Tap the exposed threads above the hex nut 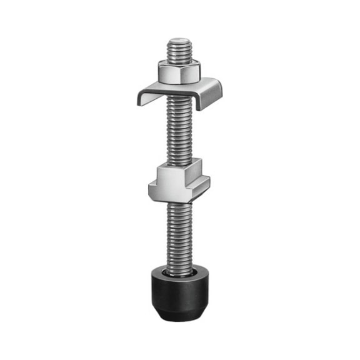(x=180, y=52)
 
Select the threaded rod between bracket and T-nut (x=180, y=134)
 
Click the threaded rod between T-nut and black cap (x=180, y=234)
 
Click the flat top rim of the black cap (x=162, y=272)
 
